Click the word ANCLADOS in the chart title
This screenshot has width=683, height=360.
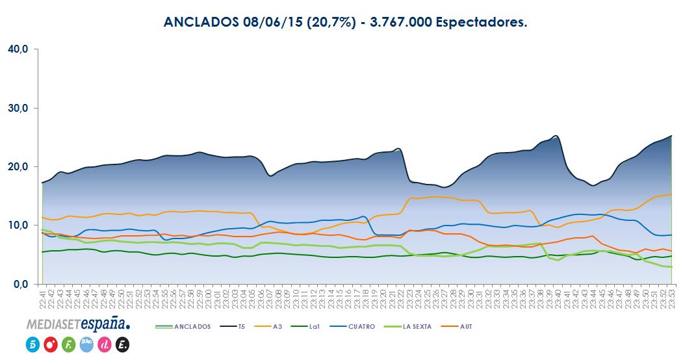coord(200,23)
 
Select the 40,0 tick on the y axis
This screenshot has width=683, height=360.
coord(18,49)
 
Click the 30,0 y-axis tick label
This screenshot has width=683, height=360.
coord(18,108)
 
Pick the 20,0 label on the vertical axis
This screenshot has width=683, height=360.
coord(18,167)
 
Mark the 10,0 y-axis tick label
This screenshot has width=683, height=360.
coord(18,225)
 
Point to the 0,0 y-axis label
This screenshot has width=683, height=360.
coord(19,285)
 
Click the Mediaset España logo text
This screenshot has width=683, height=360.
coord(78,324)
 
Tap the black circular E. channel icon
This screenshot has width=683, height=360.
coord(123,345)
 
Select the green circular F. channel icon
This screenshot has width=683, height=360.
coord(68,345)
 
